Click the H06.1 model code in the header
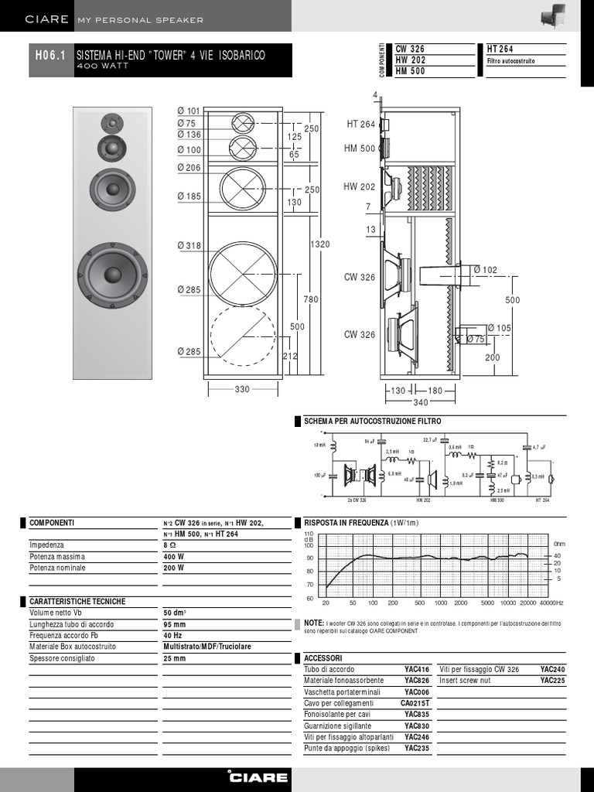[x=51, y=56]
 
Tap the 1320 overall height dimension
[x=319, y=244]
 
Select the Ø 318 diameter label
[x=188, y=246]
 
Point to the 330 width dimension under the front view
[x=242, y=390]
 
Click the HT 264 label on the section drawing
[x=360, y=125]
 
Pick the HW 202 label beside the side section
[x=359, y=186]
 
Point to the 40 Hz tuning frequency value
[x=173, y=635]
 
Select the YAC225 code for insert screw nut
[x=552, y=681]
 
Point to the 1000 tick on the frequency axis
[x=441, y=603]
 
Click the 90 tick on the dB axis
[x=309, y=558]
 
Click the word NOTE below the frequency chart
[x=313, y=622]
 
